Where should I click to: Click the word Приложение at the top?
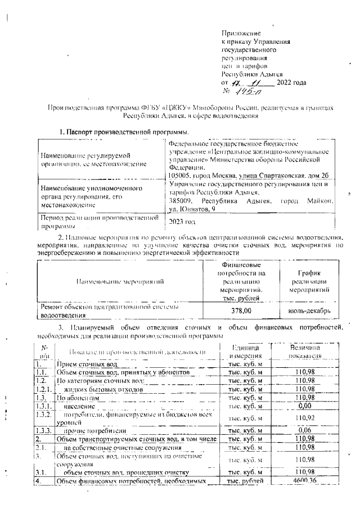point(238,35)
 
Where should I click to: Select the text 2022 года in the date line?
point(291,83)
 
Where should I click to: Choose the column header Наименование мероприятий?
point(120,280)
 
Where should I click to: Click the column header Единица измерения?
point(245,352)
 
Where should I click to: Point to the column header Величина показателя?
point(305,352)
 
